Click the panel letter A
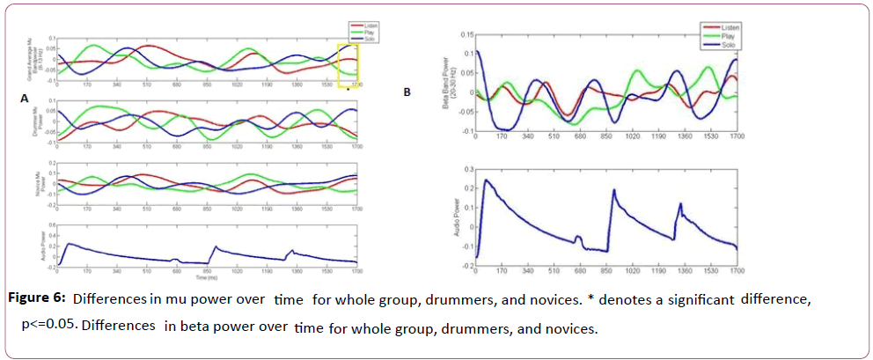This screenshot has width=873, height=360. point(25,99)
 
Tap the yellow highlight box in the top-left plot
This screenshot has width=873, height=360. point(348,63)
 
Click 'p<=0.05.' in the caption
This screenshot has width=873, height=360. point(49,325)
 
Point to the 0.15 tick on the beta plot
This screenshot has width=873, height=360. point(466,34)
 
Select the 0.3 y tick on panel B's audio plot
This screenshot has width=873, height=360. point(467,167)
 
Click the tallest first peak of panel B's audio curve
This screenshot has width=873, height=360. point(487,180)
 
